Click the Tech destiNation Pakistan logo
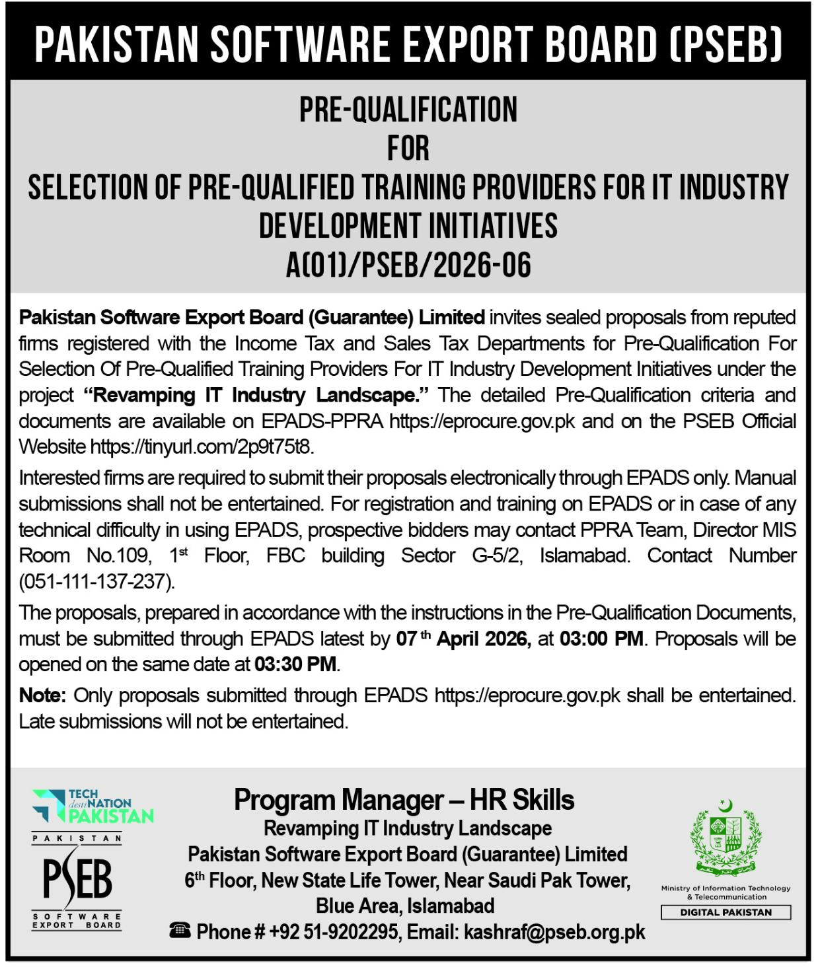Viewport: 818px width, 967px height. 93,806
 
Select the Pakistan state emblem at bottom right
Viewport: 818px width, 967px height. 725,839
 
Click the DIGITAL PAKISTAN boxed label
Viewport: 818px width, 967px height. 725,912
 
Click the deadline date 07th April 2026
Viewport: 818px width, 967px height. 463,639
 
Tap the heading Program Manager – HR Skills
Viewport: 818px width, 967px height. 404,801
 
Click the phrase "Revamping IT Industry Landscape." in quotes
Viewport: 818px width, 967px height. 258,395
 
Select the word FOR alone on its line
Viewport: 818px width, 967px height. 408,148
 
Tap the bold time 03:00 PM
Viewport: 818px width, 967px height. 601,639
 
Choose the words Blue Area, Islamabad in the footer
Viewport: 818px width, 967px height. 405,905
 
